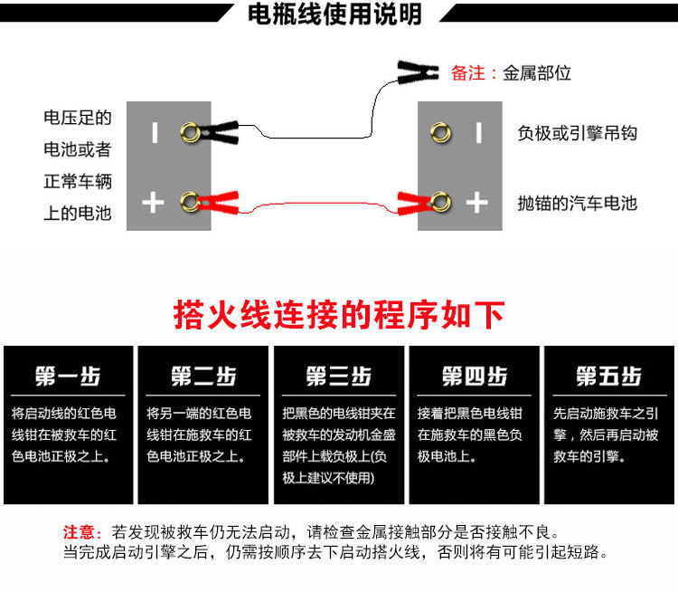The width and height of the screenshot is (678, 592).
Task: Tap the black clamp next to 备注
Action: click(419, 70)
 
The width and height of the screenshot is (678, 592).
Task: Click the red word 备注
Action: click(469, 73)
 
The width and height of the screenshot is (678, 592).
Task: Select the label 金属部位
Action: click(538, 73)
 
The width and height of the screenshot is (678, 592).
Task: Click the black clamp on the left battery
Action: click(219, 132)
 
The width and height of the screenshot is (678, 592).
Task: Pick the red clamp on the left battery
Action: click(218, 200)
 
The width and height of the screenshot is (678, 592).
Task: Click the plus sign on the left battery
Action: click(153, 202)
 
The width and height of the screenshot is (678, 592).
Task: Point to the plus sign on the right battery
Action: click(476, 202)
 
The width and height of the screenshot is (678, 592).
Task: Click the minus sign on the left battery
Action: click(154, 133)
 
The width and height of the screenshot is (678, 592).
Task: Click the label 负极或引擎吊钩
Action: click(578, 133)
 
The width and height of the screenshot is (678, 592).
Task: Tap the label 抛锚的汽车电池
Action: click(578, 202)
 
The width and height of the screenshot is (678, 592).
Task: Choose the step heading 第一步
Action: click(68, 377)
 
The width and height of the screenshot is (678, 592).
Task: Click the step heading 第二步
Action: click(202, 377)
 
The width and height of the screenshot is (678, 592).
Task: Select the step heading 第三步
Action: click(338, 377)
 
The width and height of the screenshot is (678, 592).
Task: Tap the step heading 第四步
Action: click(474, 377)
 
